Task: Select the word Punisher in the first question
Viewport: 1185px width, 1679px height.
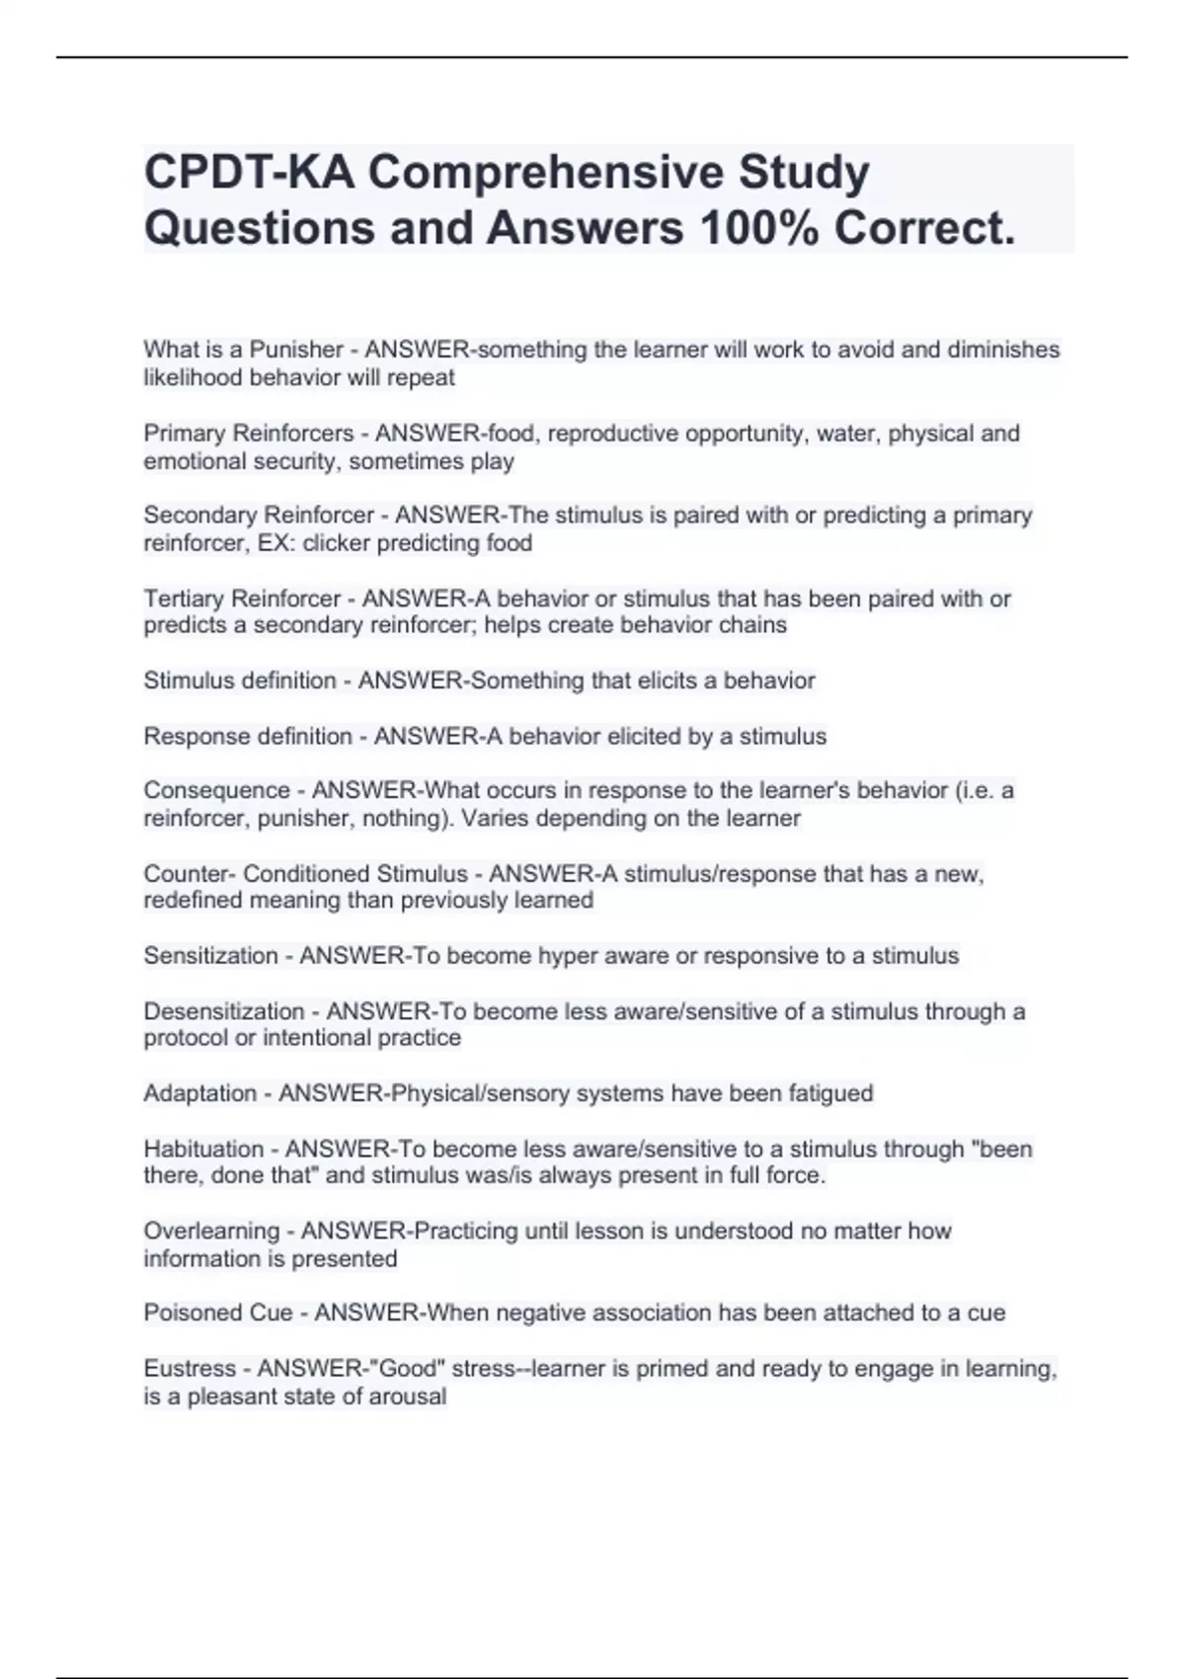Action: [x=296, y=350]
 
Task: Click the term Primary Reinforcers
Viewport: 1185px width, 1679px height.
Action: [x=249, y=434]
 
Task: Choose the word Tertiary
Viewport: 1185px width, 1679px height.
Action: [x=186, y=599]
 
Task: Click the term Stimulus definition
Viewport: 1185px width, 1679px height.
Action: [x=240, y=680]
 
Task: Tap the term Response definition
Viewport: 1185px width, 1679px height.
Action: [x=248, y=737]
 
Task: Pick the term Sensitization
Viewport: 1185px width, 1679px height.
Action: [x=211, y=956]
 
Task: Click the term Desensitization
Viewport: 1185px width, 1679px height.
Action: [x=224, y=1011]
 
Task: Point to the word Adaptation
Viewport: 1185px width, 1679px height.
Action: [x=200, y=1093]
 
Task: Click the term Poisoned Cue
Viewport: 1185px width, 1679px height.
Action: [x=218, y=1313]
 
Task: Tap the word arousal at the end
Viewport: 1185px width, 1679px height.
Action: [x=407, y=1397]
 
